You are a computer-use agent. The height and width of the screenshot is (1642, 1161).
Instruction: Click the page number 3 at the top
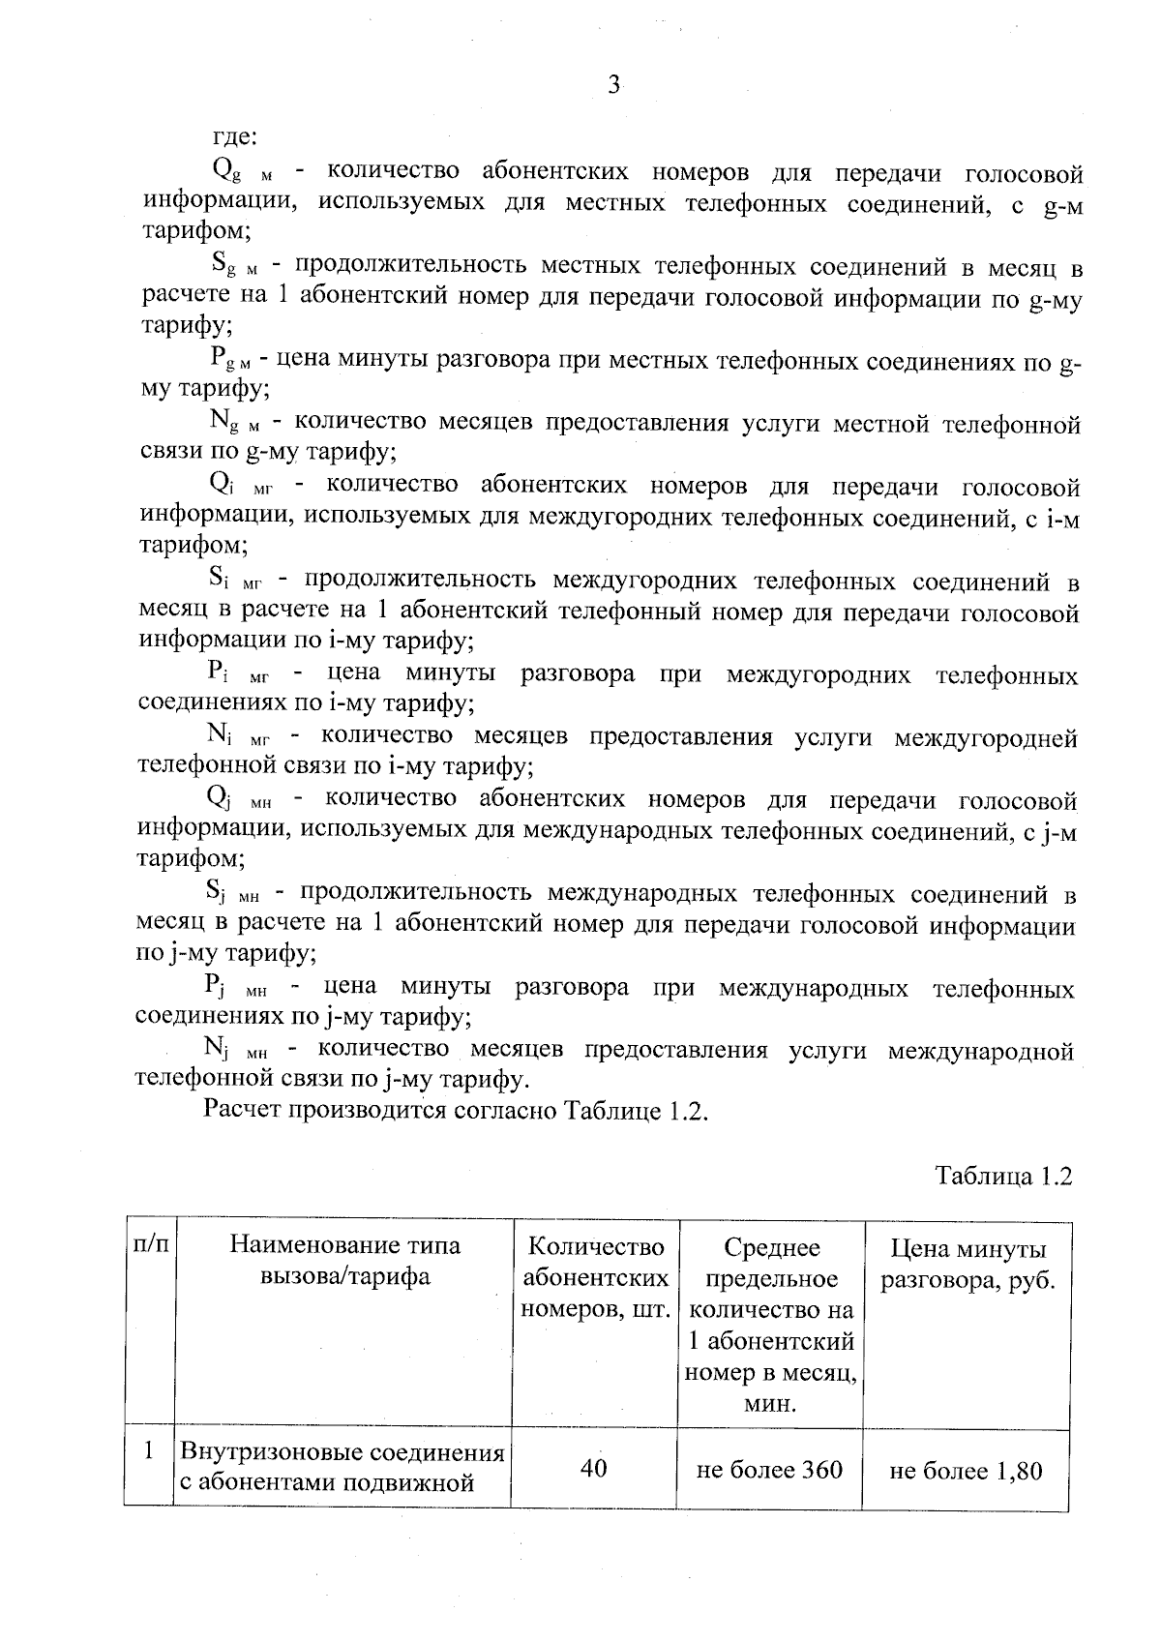click(612, 86)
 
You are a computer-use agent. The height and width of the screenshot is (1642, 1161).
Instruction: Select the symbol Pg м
click(230, 359)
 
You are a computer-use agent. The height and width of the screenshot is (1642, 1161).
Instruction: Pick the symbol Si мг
click(235, 582)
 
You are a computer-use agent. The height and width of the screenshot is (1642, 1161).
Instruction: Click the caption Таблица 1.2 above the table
click(1003, 1177)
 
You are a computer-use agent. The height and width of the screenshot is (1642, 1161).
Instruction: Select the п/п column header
click(149, 1245)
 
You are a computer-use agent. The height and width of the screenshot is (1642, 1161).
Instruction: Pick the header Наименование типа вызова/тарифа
click(344, 1261)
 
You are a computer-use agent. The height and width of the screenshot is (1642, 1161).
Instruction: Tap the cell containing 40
click(594, 1469)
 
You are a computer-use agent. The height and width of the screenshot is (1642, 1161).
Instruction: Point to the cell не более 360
click(770, 1471)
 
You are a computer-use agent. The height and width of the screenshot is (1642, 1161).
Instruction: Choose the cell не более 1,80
click(966, 1472)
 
